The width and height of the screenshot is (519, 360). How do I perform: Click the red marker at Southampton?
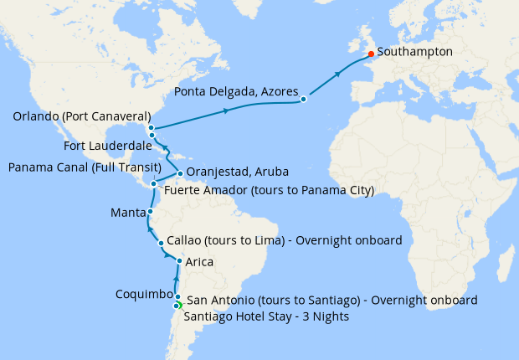coord(371,54)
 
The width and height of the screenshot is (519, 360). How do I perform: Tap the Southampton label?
coord(414,52)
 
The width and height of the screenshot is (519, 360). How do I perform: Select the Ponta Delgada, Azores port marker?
coord(304,100)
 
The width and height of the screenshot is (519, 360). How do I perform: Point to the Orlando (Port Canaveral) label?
coord(81,116)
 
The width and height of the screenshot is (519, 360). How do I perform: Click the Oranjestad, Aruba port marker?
coord(180,174)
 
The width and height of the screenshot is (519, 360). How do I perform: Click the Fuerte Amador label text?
coord(268,191)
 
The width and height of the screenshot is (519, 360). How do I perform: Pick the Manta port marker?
coord(151,213)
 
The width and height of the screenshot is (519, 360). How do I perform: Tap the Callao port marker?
coord(162,244)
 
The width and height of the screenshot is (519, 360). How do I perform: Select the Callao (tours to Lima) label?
coord(285,240)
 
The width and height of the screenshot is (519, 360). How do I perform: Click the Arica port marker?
coord(179,262)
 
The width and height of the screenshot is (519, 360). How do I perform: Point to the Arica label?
coord(199,262)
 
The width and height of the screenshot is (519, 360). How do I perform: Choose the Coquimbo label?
coord(143,295)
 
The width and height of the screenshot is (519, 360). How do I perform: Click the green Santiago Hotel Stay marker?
coord(178,306)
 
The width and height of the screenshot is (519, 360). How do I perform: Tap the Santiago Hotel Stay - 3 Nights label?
coord(266,316)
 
